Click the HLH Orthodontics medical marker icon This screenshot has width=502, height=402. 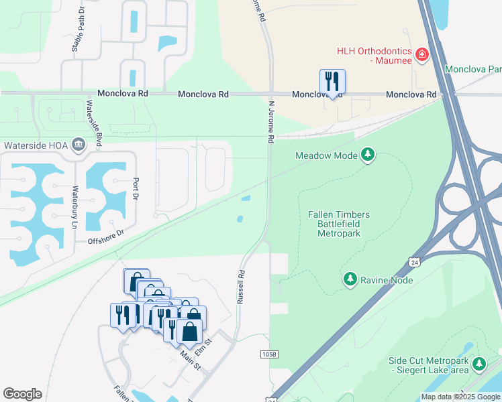422,54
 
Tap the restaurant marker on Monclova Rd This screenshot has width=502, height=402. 332,82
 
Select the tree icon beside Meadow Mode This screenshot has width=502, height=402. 367,155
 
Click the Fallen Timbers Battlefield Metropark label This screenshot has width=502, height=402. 339,224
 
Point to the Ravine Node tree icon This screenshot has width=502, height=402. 350,279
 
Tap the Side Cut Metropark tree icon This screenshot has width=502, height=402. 479,364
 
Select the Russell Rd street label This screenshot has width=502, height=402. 240,287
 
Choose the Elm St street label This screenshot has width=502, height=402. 203,350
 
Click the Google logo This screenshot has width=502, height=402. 22,394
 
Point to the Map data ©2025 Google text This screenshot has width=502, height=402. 460,397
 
